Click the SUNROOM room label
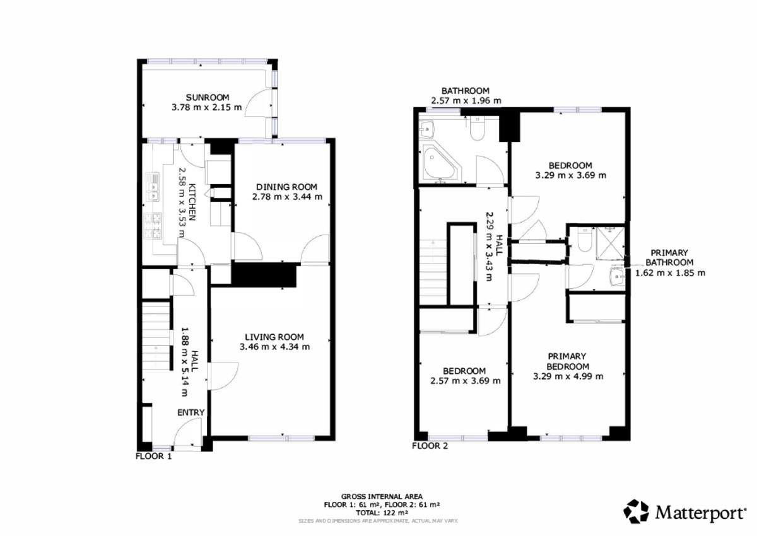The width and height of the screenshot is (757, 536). (208, 98)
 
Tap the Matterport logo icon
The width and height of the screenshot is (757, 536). (637, 511)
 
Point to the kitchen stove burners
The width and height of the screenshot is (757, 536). (153, 225)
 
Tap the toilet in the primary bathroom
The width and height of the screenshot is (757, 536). (584, 240)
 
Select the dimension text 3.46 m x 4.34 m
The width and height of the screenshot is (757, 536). (275, 347)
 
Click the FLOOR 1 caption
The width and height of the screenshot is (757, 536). (154, 457)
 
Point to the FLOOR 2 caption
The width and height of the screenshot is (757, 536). (430, 446)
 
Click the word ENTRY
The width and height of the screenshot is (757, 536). (191, 412)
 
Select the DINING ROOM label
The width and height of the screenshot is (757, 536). (286, 187)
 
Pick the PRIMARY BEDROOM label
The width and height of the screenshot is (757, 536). (567, 361)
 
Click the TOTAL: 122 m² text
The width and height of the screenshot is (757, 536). (382, 513)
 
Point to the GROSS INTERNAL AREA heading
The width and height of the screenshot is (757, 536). (382, 496)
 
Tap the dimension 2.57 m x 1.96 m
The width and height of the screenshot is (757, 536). (466, 101)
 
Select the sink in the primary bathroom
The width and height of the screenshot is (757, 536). (618, 276)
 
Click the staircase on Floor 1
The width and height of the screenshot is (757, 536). (155, 336)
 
